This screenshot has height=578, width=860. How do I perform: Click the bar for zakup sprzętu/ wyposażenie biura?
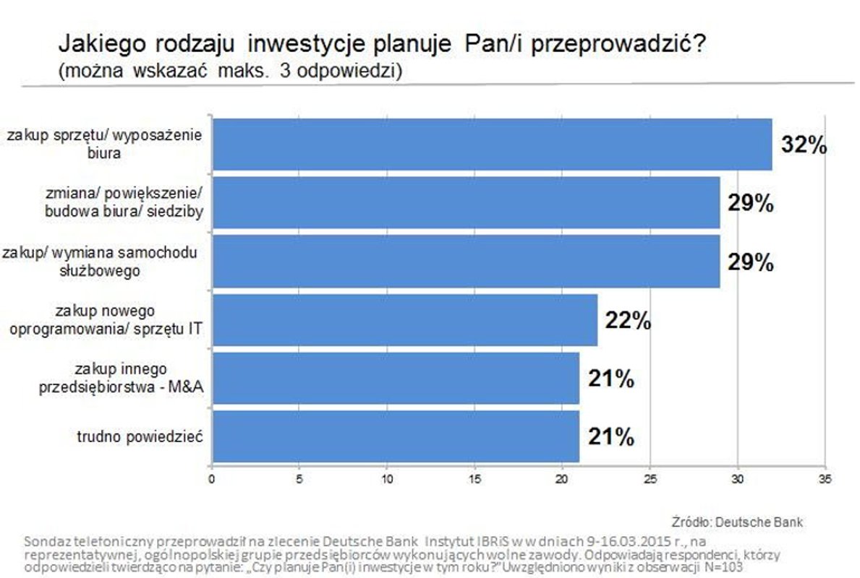492,144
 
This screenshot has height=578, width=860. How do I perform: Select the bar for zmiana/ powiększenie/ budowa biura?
465,202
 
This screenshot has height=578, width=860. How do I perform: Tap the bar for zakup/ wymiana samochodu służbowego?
465,261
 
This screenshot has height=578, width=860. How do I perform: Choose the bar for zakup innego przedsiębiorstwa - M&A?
395,378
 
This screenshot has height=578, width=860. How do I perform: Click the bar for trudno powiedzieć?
395,436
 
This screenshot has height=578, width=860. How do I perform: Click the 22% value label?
627,320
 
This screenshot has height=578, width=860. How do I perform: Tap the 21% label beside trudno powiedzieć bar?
611,436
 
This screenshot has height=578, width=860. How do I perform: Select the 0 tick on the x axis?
211,478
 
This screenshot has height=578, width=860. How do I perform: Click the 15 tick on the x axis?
474,478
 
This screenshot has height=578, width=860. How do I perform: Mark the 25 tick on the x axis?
650,478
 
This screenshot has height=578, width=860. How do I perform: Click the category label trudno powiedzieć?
140,437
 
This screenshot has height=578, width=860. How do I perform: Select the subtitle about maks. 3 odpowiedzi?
231,71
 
